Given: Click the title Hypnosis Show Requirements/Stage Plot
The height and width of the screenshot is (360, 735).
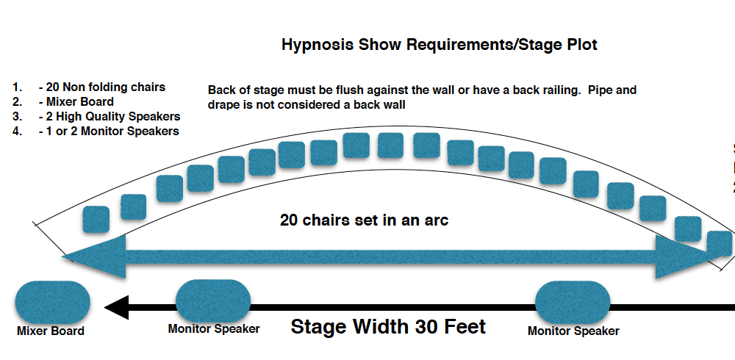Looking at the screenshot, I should tap(439, 45).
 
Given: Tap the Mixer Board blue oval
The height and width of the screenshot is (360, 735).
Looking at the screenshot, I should tap(52, 302).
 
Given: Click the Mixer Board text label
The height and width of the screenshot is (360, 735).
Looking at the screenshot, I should tap(51, 331).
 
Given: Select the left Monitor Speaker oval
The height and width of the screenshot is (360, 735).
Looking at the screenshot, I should tap(213, 301).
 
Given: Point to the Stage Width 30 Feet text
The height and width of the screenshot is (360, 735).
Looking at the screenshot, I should tap(388, 326).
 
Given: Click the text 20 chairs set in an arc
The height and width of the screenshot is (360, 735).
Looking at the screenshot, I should tap(364, 220).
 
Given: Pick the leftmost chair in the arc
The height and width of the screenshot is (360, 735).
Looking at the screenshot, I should tap(96, 219).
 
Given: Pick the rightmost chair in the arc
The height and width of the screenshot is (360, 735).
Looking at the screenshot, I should tap(720, 243).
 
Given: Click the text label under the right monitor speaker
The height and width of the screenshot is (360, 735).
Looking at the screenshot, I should tap(573, 331).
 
